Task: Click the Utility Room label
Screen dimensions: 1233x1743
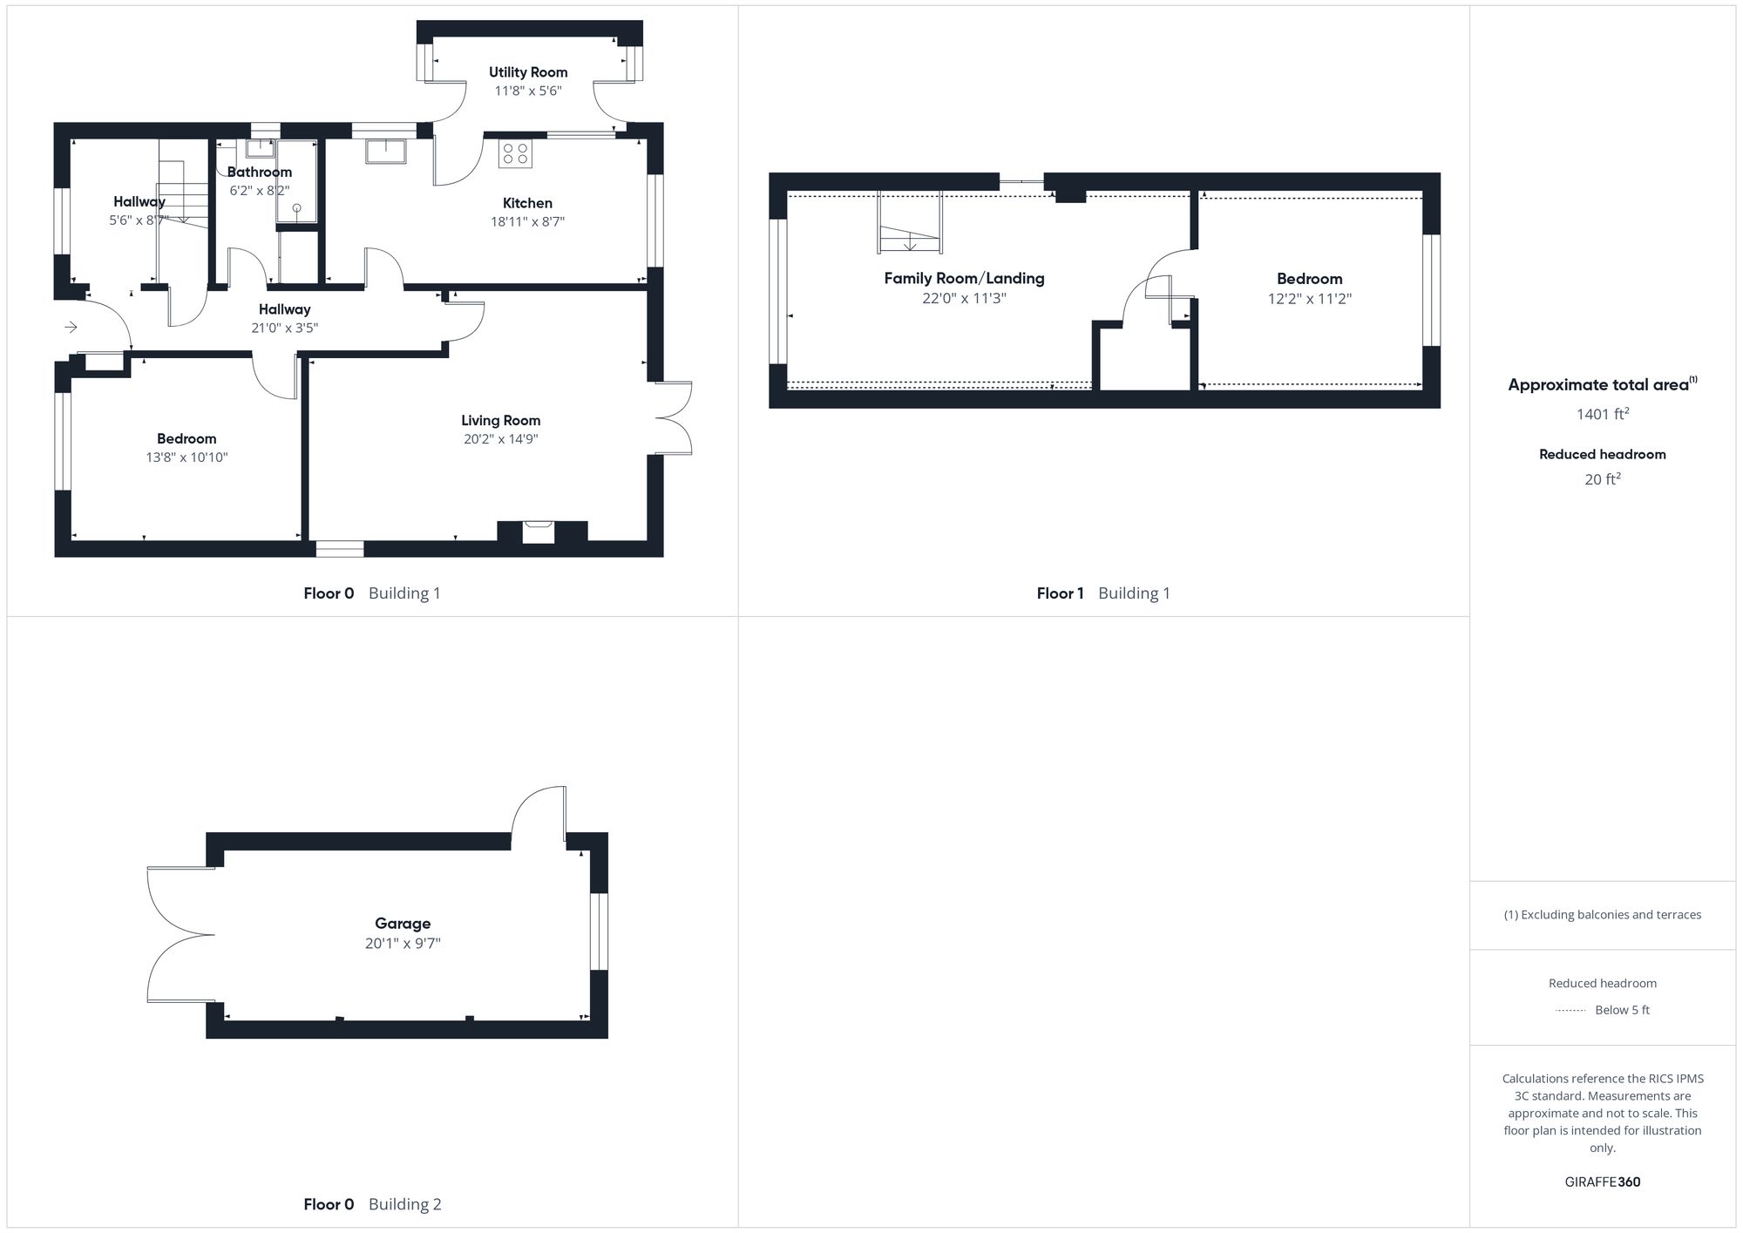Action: click(x=527, y=72)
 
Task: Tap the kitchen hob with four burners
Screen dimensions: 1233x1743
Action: click(x=515, y=154)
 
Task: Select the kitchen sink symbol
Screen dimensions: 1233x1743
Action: click(x=385, y=151)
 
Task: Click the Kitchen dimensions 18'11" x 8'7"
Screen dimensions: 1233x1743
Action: click(x=527, y=221)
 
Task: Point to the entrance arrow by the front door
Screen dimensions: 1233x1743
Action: click(x=71, y=327)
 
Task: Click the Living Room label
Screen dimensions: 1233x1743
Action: click(x=500, y=420)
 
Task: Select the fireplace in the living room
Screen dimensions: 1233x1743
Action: click(x=538, y=532)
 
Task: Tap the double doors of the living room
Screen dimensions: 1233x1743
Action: click(x=673, y=418)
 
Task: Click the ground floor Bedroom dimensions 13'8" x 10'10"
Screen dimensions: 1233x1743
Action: click(x=187, y=457)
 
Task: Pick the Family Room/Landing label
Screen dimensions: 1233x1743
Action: click(x=964, y=278)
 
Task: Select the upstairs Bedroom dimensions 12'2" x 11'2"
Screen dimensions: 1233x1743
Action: click(x=1309, y=298)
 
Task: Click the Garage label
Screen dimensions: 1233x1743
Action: click(x=403, y=923)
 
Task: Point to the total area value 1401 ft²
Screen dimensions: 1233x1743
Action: click(x=1602, y=414)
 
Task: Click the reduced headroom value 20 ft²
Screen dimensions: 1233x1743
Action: click(x=1602, y=479)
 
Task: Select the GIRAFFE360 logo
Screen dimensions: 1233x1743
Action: click(x=1602, y=1182)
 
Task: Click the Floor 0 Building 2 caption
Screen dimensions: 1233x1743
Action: click(x=372, y=1204)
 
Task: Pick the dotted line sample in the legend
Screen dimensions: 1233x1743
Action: click(x=1570, y=1011)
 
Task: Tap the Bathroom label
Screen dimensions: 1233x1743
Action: click(x=259, y=172)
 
